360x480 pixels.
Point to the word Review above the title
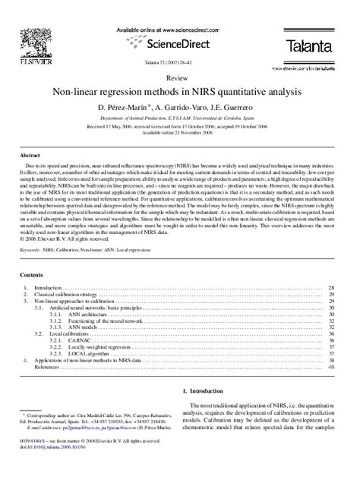click(180, 78)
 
